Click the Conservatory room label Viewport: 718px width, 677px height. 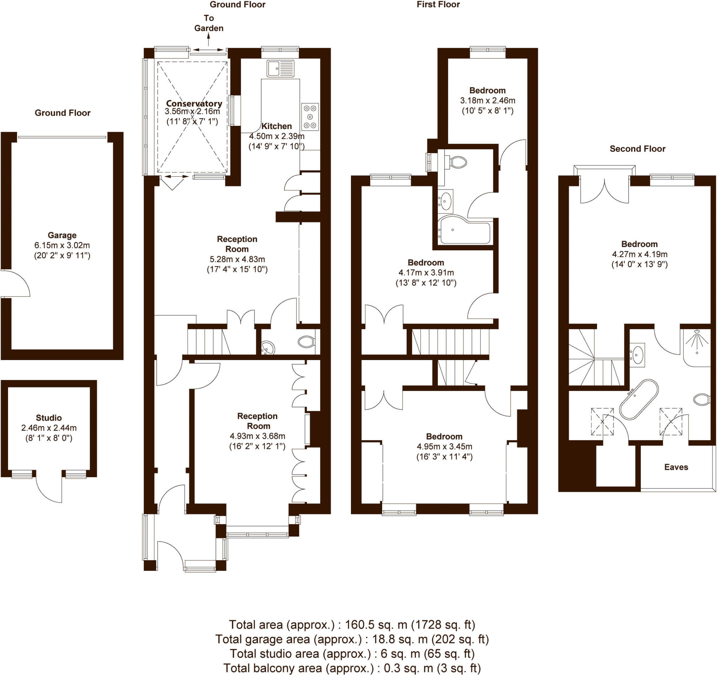coord(194,104)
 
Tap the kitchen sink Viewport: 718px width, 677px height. coord(280,68)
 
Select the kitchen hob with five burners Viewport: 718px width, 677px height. coord(310,117)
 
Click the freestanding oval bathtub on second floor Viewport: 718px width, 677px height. coord(639,399)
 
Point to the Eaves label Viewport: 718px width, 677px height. coord(676,467)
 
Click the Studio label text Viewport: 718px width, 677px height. coord(49,418)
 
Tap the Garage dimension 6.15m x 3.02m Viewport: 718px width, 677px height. coord(62,245)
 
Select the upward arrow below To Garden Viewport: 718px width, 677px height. coord(208,39)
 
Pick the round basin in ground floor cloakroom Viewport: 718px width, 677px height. coord(268,348)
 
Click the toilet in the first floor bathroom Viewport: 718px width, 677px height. coord(458,162)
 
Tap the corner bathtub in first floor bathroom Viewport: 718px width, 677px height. coord(464,231)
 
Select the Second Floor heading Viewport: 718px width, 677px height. coord(637,149)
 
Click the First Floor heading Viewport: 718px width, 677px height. coord(438,5)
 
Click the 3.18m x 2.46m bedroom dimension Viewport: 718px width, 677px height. coord(487,100)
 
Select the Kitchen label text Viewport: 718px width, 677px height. coord(276,126)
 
